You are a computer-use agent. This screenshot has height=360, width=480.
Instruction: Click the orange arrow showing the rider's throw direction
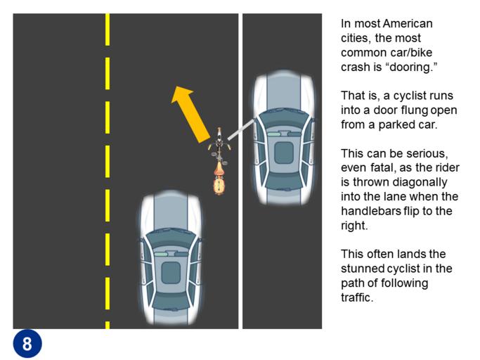[x=190, y=115]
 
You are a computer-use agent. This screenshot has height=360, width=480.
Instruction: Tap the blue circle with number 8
[x=27, y=343]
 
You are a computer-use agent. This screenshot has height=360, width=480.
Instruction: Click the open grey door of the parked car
[x=241, y=130]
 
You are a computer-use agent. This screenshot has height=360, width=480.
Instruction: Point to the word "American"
[x=408, y=24]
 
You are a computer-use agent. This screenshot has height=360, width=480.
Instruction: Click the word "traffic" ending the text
[x=357, y=297]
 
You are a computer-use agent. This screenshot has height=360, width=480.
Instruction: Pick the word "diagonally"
[x=420, y=182]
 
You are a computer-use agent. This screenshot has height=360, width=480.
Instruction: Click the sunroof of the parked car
[x=284, y=153]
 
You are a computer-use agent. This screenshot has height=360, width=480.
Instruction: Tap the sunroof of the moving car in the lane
[x=171, y=273]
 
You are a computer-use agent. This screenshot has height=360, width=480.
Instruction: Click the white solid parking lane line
[x=240, y=172]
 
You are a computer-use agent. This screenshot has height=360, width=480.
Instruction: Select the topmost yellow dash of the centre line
[x=108, y=30]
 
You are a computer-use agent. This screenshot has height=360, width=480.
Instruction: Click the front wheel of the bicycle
[x=219, y=134]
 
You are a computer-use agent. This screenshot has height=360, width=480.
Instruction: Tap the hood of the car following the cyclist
[x=171, y=212]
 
